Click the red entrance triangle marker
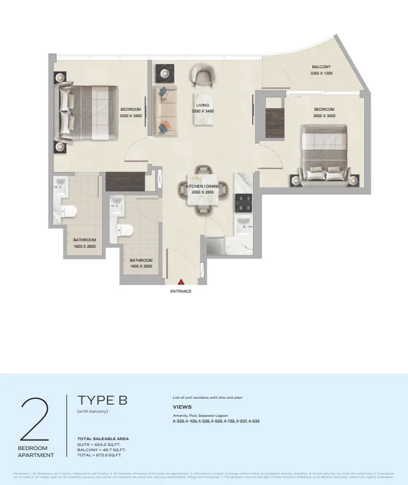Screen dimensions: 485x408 click(x=181, y=282)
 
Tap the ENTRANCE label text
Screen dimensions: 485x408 click(x=181, y=291)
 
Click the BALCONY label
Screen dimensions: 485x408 click(x=321, y=67)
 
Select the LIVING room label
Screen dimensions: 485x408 click(x=202, y=106)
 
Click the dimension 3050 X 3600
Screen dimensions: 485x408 click(x=131, y=116)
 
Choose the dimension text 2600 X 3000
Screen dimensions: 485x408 click(x=324, y=116)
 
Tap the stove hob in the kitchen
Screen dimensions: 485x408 click(x=243, y=202)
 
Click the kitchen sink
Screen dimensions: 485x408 click(x=243, y=222)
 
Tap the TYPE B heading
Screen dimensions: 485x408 click(x=102, y=400)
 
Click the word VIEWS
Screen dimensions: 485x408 click(x=182, y=407)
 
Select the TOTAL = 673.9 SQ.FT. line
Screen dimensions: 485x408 click(x=101, y=455)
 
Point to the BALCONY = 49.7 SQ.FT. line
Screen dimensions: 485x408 click(x=101, y=450)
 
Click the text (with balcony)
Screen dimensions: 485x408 click(x=93, y=412)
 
